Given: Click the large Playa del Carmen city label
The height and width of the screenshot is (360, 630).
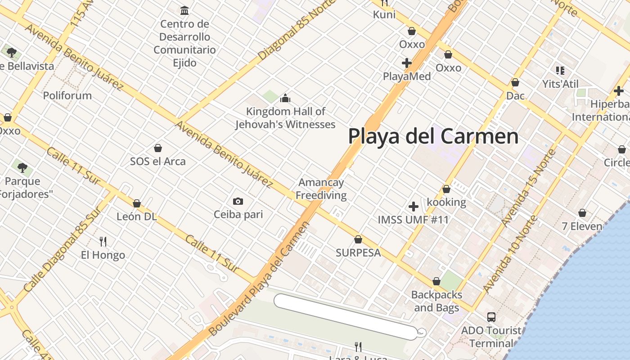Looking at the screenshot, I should click(x=433, y=136).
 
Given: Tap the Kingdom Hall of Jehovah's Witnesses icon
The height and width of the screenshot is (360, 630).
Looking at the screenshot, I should click(x=285, y=98).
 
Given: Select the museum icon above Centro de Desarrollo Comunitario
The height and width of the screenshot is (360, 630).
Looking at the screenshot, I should click(x=184, y=10).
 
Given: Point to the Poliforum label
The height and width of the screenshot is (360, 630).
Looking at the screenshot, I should click(x=67, y=95).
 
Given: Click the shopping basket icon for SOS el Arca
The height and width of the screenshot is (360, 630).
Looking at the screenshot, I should click(x=158, y=148).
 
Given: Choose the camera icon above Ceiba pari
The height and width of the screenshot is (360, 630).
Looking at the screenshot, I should click(x=238, y=201).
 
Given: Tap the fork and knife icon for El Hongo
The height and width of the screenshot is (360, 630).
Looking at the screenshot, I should click(x=103, y=242).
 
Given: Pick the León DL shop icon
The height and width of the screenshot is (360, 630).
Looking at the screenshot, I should click(x=137, y=203).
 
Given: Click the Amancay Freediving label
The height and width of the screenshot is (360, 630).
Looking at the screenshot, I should click(x=321, y=189).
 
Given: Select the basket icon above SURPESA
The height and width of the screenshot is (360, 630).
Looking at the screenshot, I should click(x=358, y=239).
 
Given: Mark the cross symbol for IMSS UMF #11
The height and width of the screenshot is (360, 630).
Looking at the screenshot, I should click(x=413, y=207).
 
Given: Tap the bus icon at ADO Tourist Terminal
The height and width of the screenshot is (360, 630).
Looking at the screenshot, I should click(x=491, y=317).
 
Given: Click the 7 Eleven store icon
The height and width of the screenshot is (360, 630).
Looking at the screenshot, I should click(x=582, y=213).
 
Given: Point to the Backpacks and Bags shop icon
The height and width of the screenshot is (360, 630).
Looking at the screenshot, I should click(x=436, y=282).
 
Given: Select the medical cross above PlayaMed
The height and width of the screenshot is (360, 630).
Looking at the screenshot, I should click(x=407, y=63).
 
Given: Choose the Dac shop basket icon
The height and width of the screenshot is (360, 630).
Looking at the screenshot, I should click(x=515, y=82).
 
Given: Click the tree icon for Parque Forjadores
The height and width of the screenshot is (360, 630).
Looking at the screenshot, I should click(x=22, y=168).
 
